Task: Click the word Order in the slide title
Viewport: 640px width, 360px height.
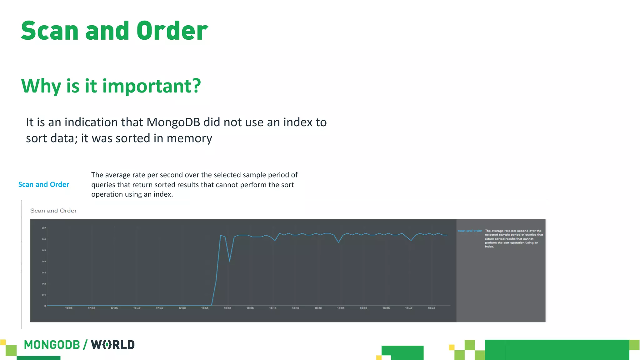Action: click(172, 31)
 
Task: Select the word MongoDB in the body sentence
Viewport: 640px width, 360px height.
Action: click(173, 122)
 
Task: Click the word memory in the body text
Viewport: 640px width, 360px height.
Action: click(189, 138)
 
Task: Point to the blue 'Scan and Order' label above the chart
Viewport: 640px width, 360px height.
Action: click(44, 185)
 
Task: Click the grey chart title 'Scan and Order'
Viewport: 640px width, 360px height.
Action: click(53, 211)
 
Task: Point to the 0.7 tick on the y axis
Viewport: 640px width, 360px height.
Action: click(44, 228)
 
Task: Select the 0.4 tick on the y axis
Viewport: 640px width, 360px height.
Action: click(44, 262)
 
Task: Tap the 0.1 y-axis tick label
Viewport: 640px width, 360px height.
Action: click(44, 295)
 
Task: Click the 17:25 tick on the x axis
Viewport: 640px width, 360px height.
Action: click(69, 308)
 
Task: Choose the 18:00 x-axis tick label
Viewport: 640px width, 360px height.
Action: click(227, 308)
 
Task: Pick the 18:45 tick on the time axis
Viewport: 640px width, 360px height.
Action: click(431, 308)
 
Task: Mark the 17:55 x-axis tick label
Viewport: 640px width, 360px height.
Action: click(205, 308)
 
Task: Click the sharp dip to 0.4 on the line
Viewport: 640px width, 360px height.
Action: click(230, 261)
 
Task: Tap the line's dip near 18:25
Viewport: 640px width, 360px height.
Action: click(338, 242)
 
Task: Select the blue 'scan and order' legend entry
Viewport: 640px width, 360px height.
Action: click(470, 231)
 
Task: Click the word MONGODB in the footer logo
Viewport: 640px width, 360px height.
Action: click(52, 345)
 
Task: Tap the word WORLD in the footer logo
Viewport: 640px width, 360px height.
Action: click(113, 345)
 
